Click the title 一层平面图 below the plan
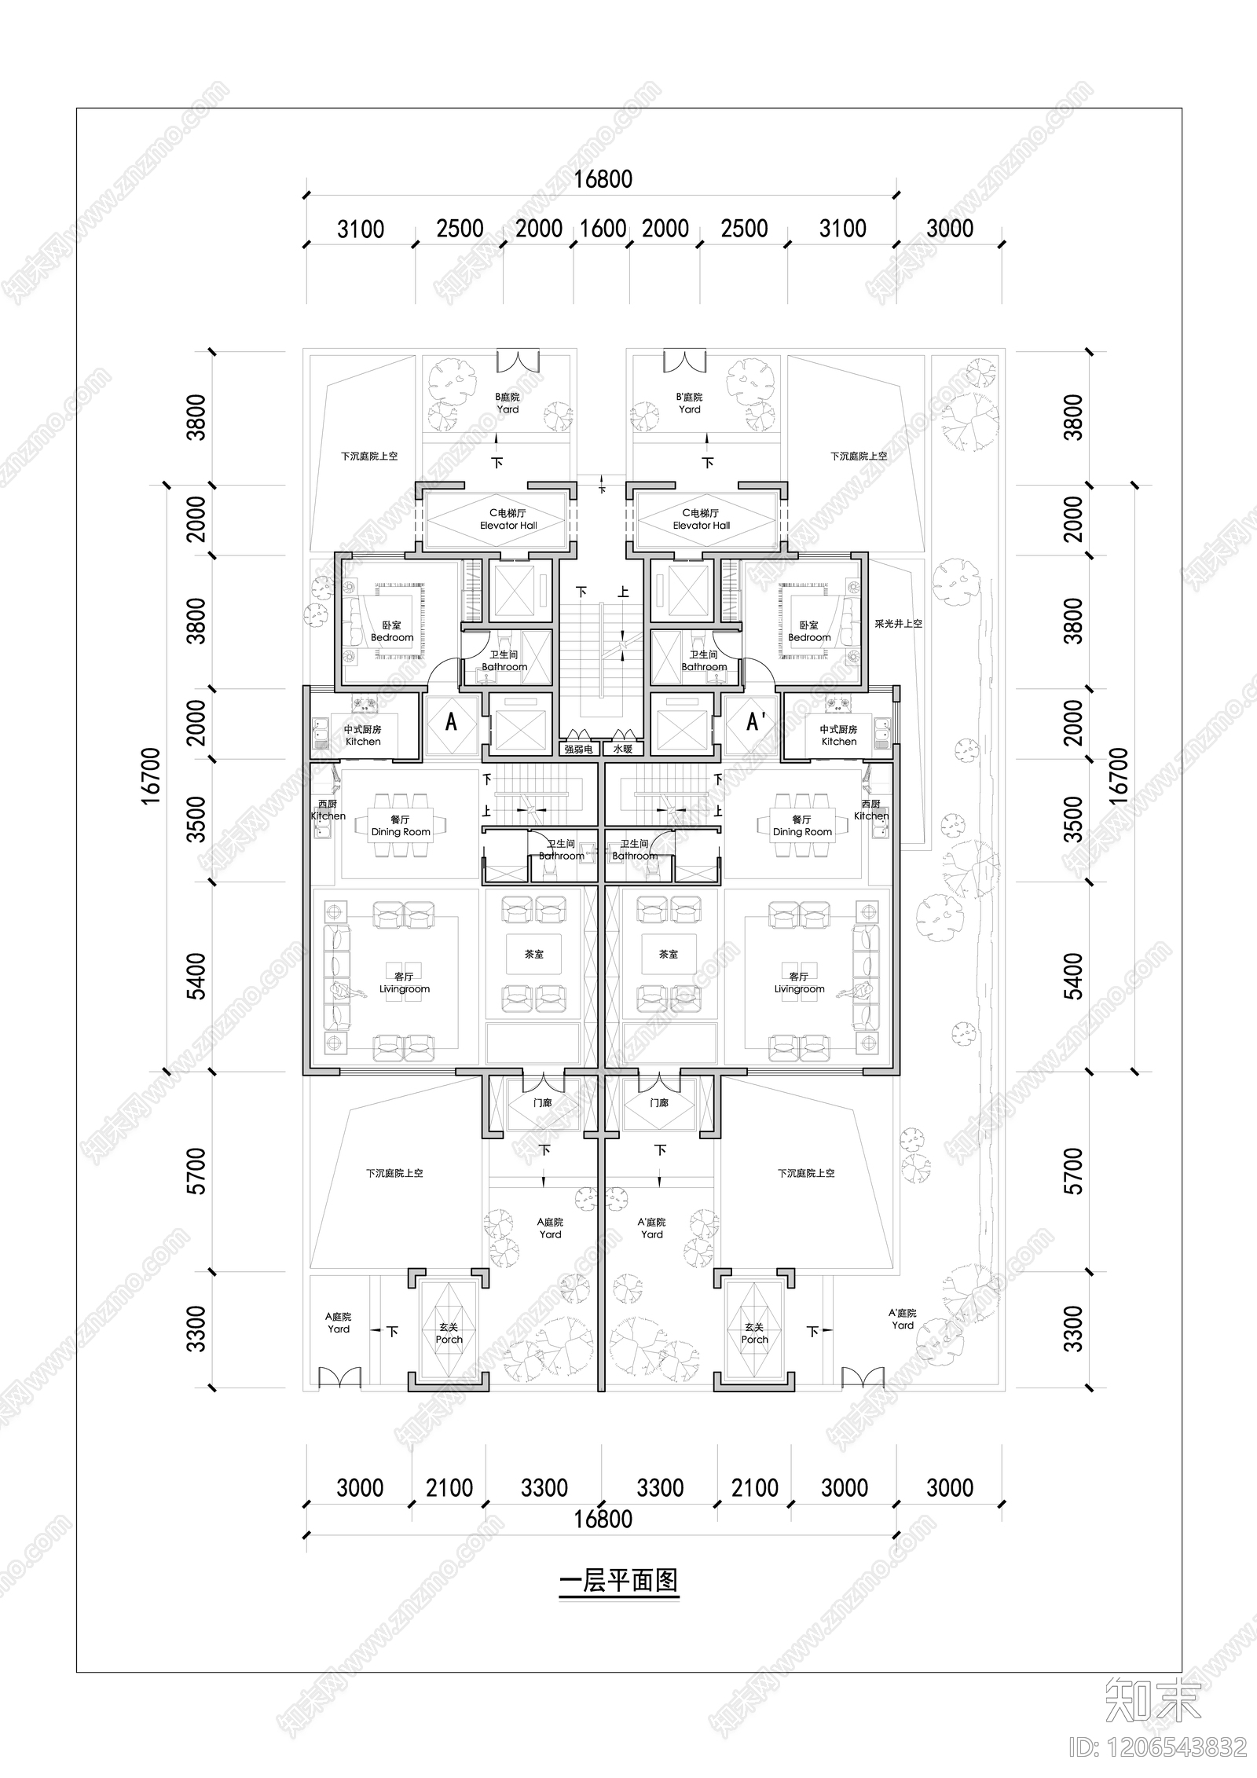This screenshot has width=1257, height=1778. tap(618, 1579)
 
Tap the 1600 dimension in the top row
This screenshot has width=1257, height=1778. tap(603, 229)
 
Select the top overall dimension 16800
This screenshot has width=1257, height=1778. tap(603, 179)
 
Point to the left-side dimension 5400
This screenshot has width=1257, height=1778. tap(197, 976)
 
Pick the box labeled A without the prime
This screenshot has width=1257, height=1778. tap(451, 721)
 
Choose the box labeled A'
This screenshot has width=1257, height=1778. tap(755, 721)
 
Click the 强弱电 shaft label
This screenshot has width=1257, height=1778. tap(578, 749)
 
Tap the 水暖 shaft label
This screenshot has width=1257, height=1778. tap(623, 749)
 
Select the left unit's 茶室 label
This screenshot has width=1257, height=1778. tap(534, 954)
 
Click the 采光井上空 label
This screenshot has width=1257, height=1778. tap(898, 623)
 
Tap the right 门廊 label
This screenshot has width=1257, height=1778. tap(659, 1103)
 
